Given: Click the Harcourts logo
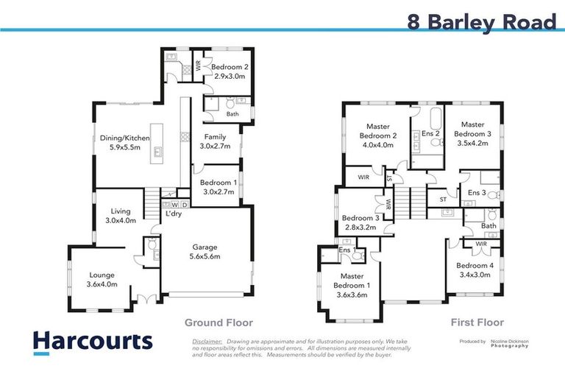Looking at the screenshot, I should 93,342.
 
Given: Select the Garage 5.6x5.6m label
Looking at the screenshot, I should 205,252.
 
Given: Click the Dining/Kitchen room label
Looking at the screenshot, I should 125,143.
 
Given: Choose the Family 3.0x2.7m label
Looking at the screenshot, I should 215,141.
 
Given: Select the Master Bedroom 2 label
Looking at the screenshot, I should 378,135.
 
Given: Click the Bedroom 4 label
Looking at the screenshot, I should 474,270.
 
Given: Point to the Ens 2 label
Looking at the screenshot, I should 431,133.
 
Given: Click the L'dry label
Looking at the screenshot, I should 174,214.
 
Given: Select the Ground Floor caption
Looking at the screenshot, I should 218,323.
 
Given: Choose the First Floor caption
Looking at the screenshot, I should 477,323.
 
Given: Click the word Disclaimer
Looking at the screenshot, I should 207,342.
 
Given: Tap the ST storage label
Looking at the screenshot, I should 443,199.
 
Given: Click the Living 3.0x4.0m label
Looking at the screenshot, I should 121,215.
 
